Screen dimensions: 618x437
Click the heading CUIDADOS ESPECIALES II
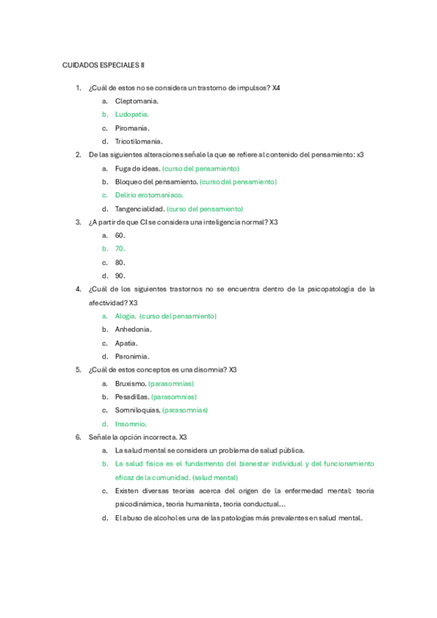[104, 65]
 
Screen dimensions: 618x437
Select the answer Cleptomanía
[136, 101]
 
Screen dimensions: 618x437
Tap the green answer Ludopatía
[131, 114]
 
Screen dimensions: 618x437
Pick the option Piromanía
[132, 128]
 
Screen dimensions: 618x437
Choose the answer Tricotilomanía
[139, 141]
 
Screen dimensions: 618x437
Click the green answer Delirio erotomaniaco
[149, 195]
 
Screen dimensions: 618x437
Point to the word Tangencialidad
[139, 208]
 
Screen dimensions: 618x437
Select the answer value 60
[120, 235]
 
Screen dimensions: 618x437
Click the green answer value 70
[120, 249]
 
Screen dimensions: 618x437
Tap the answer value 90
[120, 275]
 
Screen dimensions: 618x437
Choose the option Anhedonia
[134, 329]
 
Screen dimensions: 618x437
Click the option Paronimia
[132, 356]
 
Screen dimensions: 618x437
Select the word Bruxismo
[130, 383]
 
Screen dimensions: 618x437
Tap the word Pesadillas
[132, 396]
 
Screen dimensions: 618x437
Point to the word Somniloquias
[137, 410]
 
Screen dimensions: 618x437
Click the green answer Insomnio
[131, 423]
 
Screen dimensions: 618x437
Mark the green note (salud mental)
[214, 477]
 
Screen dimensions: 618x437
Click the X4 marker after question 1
[276, 88]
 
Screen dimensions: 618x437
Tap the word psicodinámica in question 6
[137, 504]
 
